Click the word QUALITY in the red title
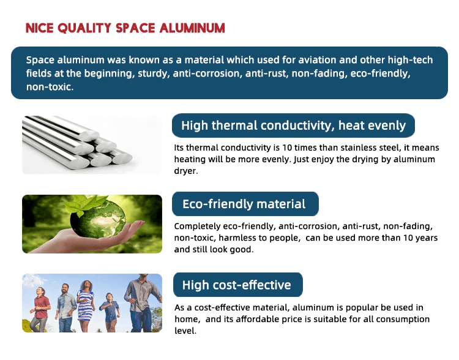point(84,28)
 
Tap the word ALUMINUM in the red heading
point(192,28)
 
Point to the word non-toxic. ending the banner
point(50,87)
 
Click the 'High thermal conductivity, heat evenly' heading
point(293,126)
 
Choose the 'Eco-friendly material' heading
point(244,204)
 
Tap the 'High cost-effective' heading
point(236,285)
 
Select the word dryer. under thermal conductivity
point(186,171)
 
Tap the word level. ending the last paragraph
point(185,331)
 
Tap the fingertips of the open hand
point(138,224)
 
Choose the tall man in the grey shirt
point(143,303)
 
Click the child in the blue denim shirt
point(110,312)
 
